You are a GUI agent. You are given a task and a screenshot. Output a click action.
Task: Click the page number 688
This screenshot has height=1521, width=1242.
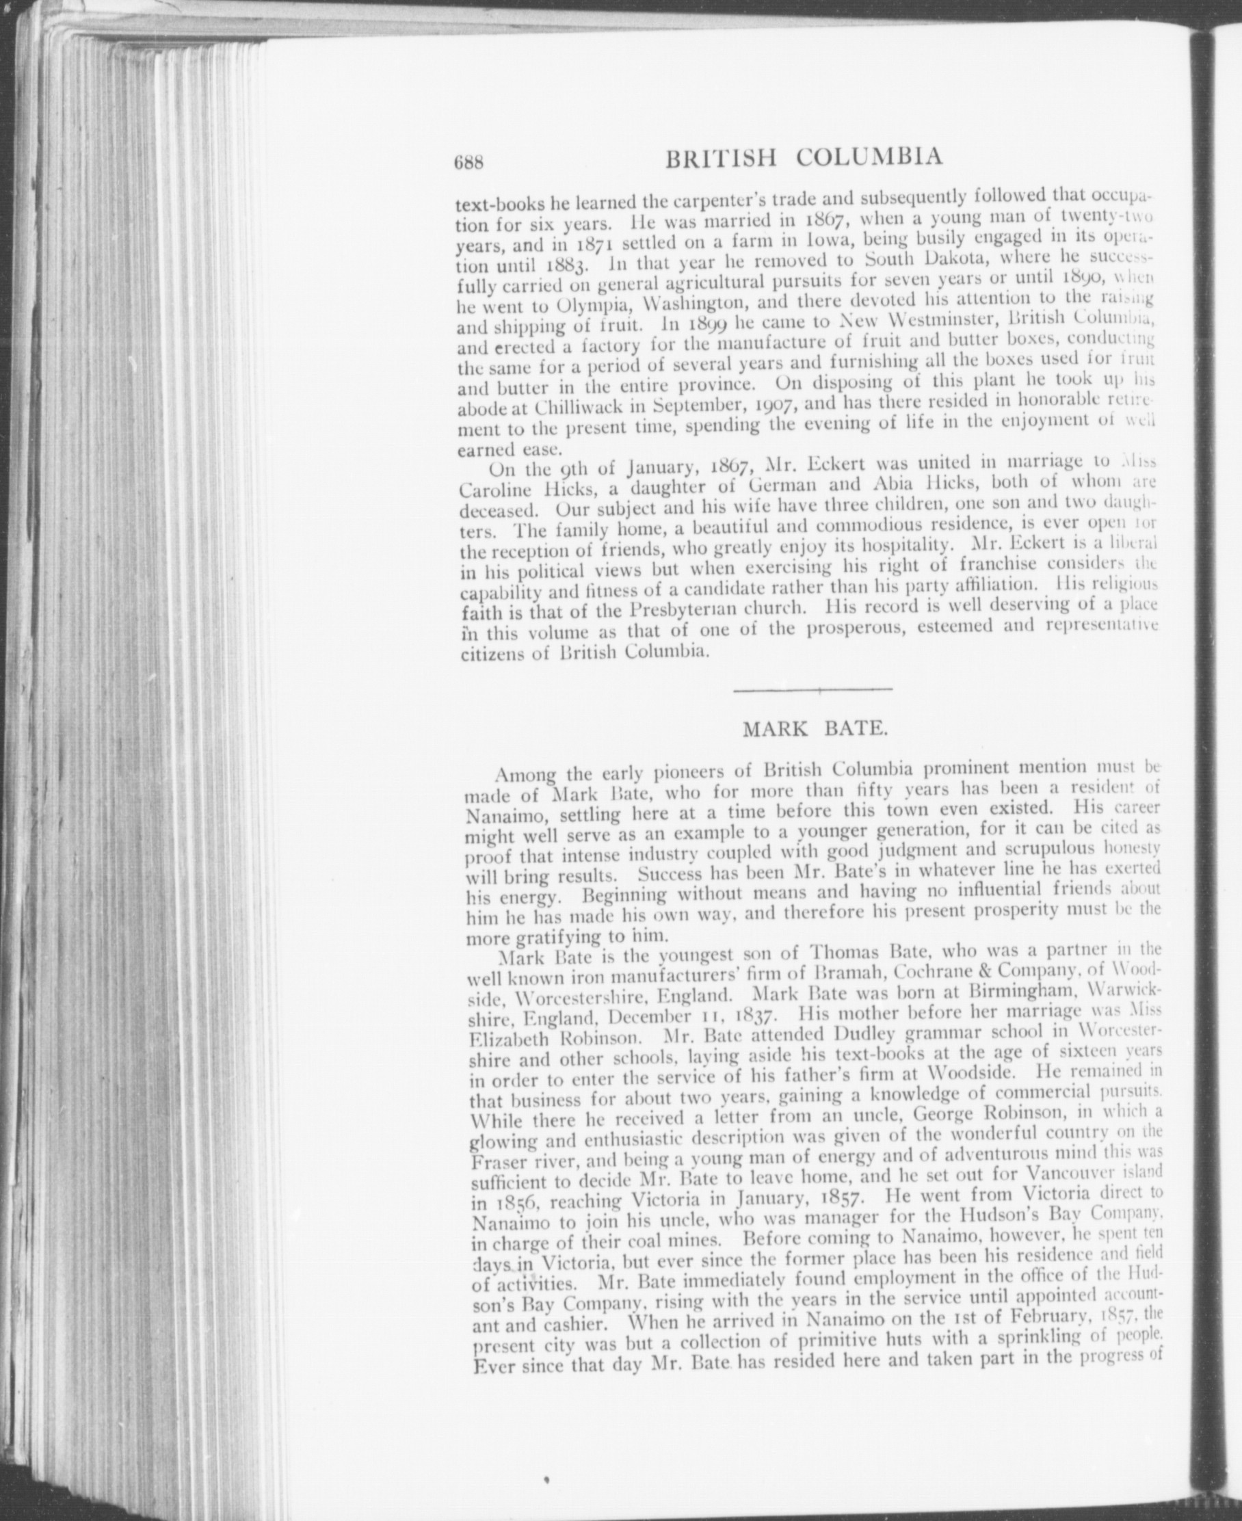pos(470,163)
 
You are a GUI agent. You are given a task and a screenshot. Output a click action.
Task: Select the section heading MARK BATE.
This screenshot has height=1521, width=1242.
pos(815,730)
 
